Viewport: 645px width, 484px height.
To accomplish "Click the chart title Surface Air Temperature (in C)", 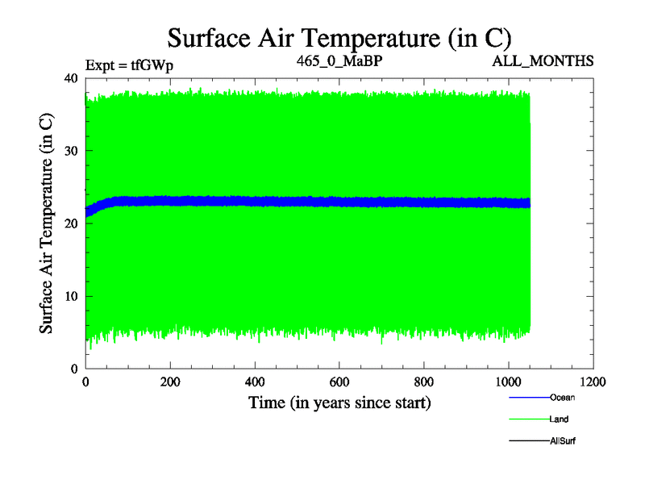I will pyautogui.click(x=339, y=37).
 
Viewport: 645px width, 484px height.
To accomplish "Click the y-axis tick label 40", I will pyautogui.click(x=70, y=78).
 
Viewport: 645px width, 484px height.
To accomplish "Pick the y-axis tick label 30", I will pyautogui.click(x=70, y=151).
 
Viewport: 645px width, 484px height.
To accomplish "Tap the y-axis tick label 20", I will pyautogui.click(x=70, y=223).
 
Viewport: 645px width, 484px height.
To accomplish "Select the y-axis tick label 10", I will pyautogui.click(x=70, y=296).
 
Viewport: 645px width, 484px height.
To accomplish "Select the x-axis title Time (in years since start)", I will pyautogui.click(x=339, y=403).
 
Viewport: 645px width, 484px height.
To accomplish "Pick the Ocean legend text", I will pyautogui.click(x=562, y=397).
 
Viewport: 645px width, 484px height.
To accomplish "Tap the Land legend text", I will pyautogui.click(x=559, y=419).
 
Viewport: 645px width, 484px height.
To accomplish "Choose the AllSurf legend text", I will pyautogui.click(x=562, y=440).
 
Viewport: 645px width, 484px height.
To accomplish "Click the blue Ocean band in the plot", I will pyautogui.click(x=322, y=202).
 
